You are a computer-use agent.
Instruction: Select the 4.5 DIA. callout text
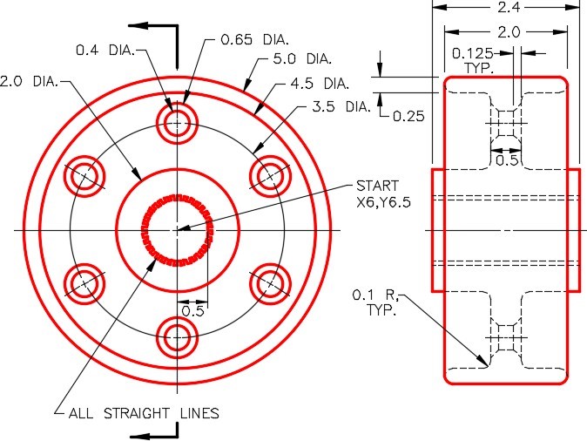tap(325, 85)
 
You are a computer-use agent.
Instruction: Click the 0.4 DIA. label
tap(104, 50)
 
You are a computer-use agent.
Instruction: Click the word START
tap(377, 186)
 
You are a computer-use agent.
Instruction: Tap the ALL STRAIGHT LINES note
tap(143, 412)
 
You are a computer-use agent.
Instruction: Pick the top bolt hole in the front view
tap(177, 123)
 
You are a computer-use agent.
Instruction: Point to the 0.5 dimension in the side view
tap(506, 159)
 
